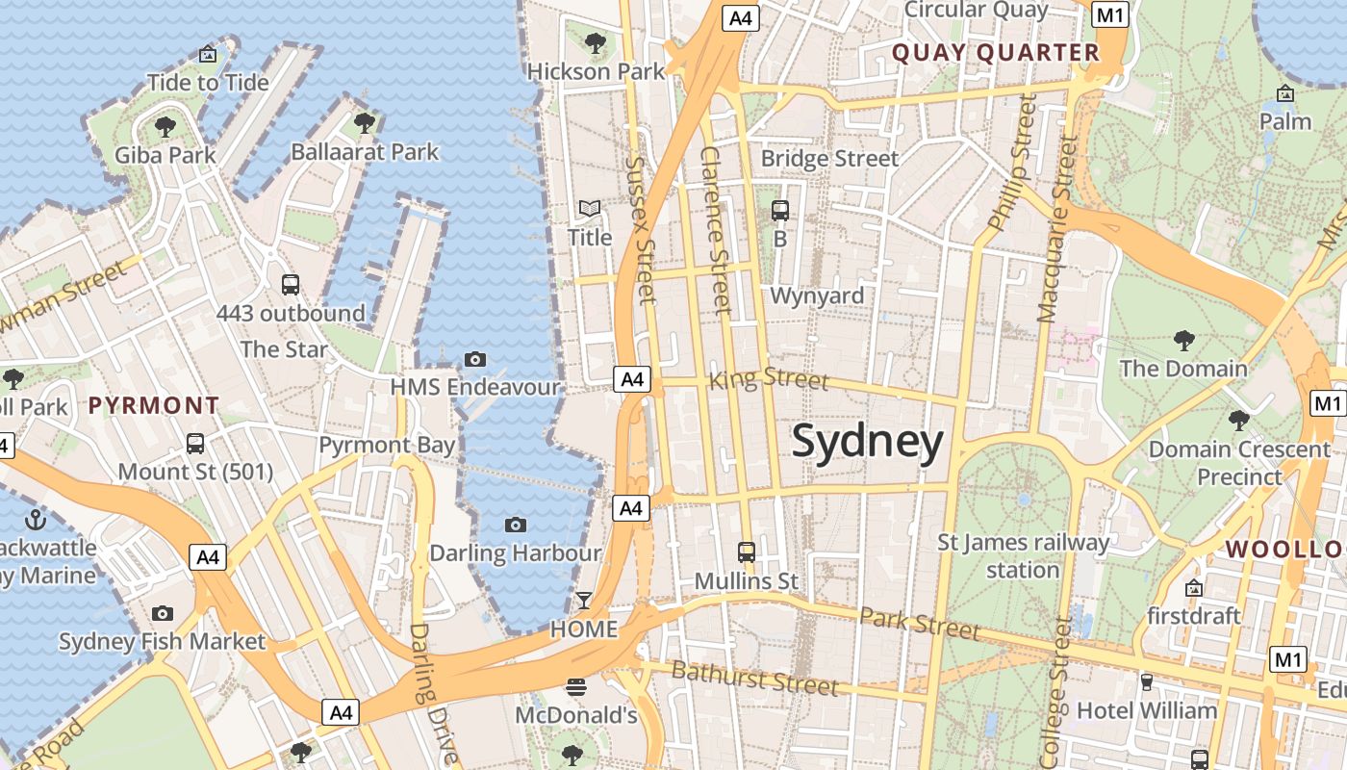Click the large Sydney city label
867,442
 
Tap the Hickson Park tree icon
596,42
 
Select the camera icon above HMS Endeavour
474,359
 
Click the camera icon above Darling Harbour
516,525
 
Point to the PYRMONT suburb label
154,405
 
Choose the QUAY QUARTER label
996,53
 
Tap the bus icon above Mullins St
747,552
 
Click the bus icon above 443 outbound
290,284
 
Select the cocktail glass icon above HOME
583,601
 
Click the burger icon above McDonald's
576,686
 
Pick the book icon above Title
589,208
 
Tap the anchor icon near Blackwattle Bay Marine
35,520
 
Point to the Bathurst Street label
754,678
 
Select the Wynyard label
817,295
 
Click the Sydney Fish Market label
162,641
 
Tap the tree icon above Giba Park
165,125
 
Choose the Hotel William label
1147,710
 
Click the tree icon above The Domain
1183,340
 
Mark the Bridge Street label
829,158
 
